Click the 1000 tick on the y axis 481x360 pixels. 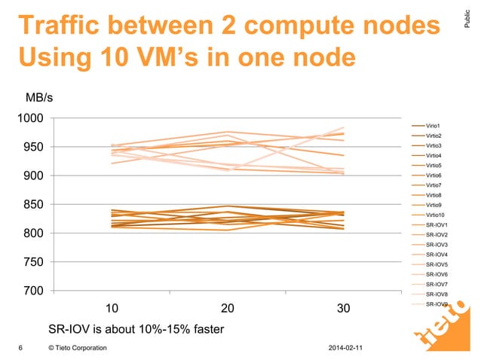point(31,119)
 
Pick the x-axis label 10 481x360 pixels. point(110,309)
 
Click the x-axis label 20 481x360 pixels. point(227,309)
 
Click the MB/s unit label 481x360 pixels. point(40,97)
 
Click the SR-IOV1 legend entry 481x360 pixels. point(437,225)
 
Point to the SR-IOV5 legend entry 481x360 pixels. point(437,265)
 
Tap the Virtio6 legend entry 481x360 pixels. point(434,175)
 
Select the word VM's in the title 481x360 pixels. point(195,57)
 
